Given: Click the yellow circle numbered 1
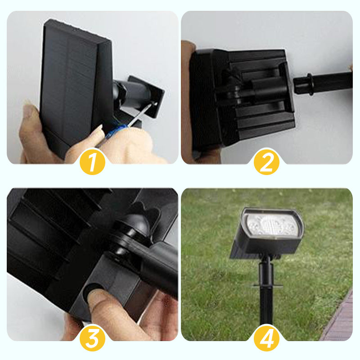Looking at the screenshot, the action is (92, 162).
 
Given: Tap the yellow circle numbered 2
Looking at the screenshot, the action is (266, 162).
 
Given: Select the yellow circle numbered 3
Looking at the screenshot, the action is (92, 338).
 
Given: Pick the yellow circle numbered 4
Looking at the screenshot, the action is (266, 338).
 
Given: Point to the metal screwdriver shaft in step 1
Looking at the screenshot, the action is (141, 114).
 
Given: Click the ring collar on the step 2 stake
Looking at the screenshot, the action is (310, 84).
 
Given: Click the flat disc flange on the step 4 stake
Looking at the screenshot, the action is (267, 286).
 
